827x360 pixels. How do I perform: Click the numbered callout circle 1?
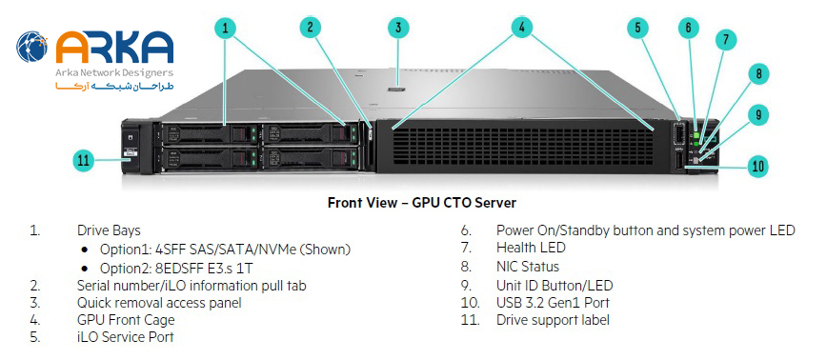[x=226, y=28]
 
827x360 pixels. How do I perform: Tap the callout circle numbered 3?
[x=398, y=28]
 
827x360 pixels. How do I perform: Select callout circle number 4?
[x=521, y=28]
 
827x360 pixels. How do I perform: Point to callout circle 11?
[x=83, y=160]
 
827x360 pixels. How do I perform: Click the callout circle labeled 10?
[x=757, y=167]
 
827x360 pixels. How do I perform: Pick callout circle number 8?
[x=758, y=73]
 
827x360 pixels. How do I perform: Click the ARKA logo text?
[x=114, y=47]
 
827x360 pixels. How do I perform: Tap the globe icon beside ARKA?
[x=32, y=47]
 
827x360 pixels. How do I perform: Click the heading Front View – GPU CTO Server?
[x=422, y=203]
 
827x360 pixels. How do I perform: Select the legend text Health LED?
[x=531, y=248]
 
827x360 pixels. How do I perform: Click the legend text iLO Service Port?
[x=125, y=337]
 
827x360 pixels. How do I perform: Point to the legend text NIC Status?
[x=528, y=266]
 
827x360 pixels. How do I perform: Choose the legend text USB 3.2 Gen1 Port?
[x=553, y=303]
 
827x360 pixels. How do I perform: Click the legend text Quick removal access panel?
[x=159, y=303]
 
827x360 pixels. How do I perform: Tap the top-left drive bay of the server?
[x=209, y=134]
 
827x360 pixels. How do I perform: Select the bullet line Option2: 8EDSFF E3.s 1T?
[x=176, y=268]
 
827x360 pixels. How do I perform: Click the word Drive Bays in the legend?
[x=109, y=230]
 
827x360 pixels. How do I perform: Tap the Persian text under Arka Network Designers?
[x=114, y=86]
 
